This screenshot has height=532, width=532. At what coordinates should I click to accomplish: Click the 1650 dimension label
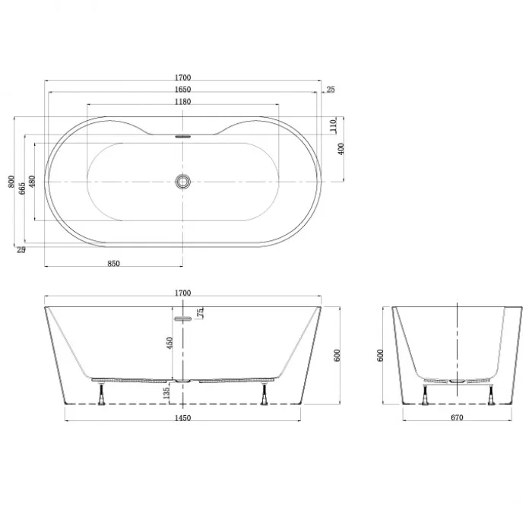click(x=183, y=90)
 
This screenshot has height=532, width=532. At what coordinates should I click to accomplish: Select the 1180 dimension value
click(x=183, y=102)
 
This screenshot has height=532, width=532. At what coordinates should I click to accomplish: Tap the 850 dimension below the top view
click(x=114, y=264)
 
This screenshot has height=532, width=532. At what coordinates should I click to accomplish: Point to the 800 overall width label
click(x=11, y=182)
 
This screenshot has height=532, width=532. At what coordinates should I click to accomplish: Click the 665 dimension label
click(x=22, y=188)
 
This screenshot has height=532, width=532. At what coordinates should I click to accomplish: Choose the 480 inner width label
click(x=32, y=182)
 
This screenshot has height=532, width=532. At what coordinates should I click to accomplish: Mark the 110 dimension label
click(x=333, y=125)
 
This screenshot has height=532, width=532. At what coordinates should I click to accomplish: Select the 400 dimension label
click(x=341, y=149)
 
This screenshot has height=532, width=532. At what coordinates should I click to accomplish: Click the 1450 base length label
click(x=183, y=418)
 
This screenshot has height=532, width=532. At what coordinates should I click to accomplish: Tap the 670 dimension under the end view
click(x=457, y=418)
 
